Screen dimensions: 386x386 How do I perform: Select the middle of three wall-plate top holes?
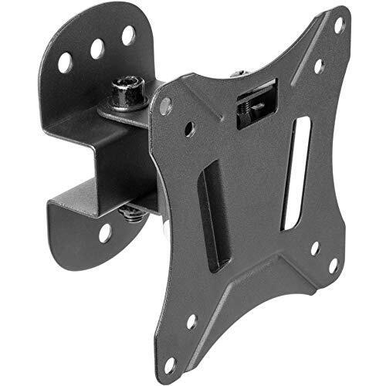tap(97, 48)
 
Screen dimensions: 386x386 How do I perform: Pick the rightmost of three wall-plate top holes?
tap(128, 34)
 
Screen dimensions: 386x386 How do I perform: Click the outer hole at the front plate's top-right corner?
tap(338, 25)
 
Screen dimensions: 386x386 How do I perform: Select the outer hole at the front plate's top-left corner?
tap(164, 107)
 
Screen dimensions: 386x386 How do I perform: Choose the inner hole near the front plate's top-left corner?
tap(190, 127)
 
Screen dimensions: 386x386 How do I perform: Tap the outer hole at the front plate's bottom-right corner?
tap(334, 264)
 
